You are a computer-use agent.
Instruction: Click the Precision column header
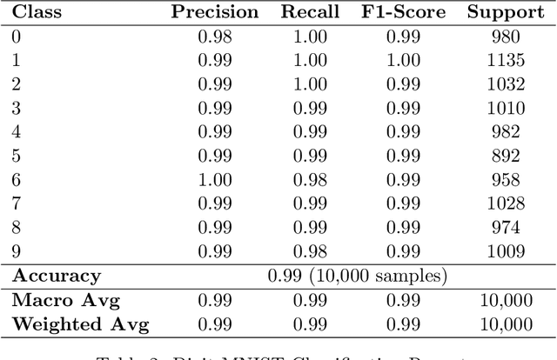[214, 13]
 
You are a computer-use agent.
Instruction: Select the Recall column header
[305, 13]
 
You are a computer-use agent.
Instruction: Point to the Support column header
[503, 13]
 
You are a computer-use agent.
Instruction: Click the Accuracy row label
[57, 277]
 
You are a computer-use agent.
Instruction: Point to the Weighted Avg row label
[80, 325]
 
